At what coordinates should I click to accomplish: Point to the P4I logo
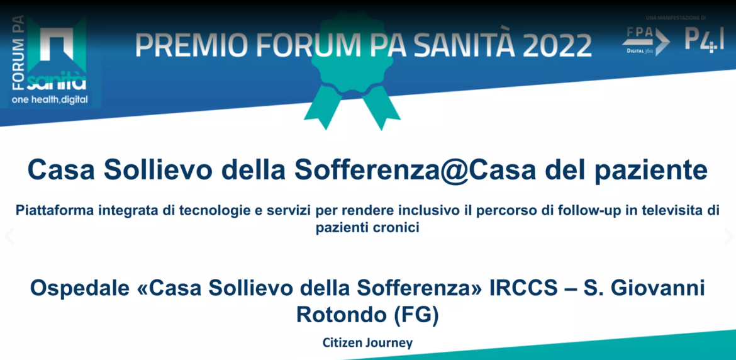pyautogui.click(x=704, y=40)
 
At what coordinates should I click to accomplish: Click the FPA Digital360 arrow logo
pyautogui.click(x=646, y=42)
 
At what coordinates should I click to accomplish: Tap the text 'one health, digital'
pyautogui.click(x=50, y=100)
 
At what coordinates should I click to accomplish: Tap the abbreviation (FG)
pyautogui.click(x=415, y=315)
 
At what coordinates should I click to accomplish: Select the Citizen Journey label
pyautogui.click(x=368, y=343)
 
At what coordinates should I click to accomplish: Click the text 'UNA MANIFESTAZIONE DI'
pyautogui.click(x=676, y=18)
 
